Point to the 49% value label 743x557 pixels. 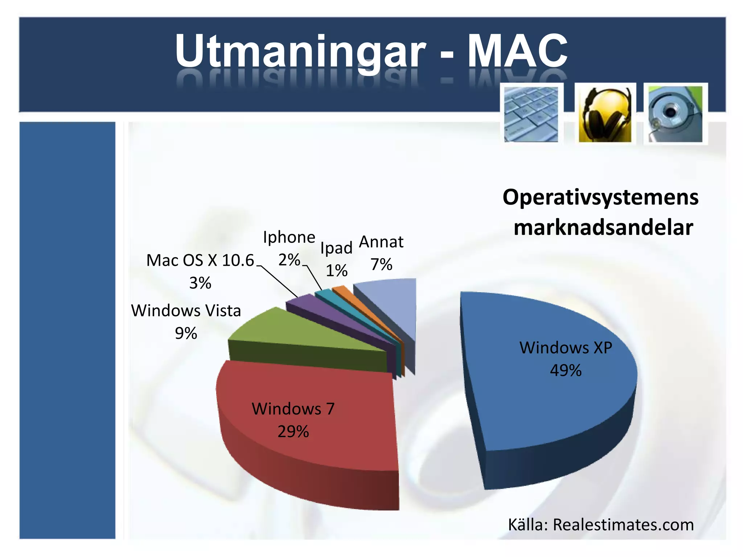pyautogui.click(x=565, y=371)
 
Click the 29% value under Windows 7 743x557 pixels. pyautogui.click(x=293, y=432)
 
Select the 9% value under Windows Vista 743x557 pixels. pyautogui.click(x=186, y=333)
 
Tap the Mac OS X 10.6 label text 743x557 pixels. pyautogui.click(x=200, y=260)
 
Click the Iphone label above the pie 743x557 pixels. pyautogui.click(x=289, y=237)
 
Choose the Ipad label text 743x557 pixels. pyautogui.click(x=336, y=248)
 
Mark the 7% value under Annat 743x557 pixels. pyautogui.click(x=381, y=264)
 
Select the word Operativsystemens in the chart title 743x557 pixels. pyautogui.click(x=600, y=198)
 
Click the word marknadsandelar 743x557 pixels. pyautogui.click(x=603, y=228)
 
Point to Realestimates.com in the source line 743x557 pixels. pyautogui.click(x=623, y=525)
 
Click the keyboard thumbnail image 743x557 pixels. pyautogui.click(x=531, y=114)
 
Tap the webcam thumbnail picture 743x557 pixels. pyautogui.click(x=675, y=114)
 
